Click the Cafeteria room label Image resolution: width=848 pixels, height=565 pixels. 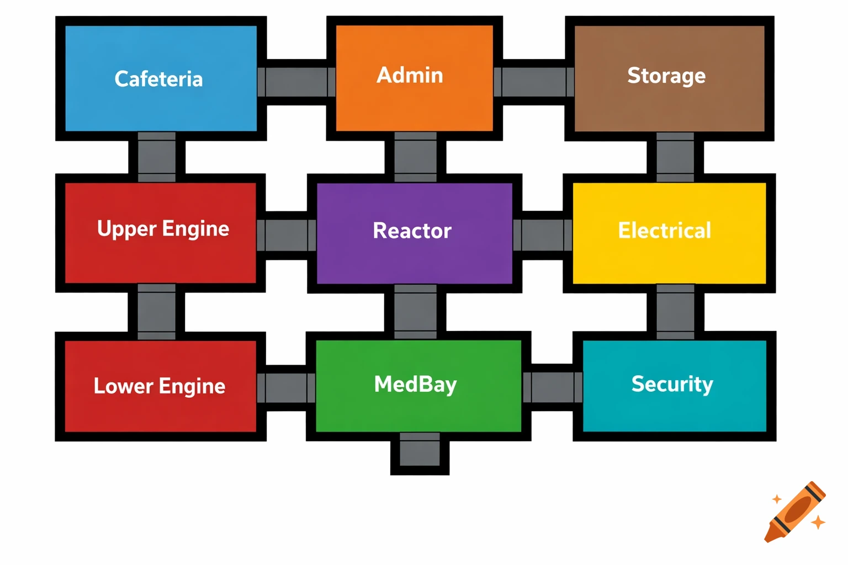[158, 79]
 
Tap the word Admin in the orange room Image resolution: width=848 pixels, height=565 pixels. [410, 75]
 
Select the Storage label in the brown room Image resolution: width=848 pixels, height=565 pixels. [666, 76]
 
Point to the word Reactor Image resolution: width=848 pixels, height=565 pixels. [412, 231]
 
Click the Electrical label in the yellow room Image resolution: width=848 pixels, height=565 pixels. [665, 231]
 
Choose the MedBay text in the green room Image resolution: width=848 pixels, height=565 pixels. [415, 385]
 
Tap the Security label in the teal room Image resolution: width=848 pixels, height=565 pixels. [672, 384]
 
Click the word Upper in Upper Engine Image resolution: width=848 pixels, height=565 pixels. [126, 229]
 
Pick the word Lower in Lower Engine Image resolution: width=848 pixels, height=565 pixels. [123, 386]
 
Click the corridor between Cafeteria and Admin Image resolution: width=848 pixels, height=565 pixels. [296, 82]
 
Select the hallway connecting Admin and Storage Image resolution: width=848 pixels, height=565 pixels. [534, 82]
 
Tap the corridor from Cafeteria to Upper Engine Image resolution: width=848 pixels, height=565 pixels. [157, 157]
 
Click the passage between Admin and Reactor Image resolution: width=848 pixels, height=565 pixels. [416, 157]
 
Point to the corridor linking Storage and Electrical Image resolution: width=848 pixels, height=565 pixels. [675, 157]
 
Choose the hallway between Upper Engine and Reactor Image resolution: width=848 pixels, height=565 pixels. [286, 235]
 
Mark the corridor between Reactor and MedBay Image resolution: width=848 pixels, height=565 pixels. [416, 312]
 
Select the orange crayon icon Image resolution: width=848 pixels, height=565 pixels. [795, 512]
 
